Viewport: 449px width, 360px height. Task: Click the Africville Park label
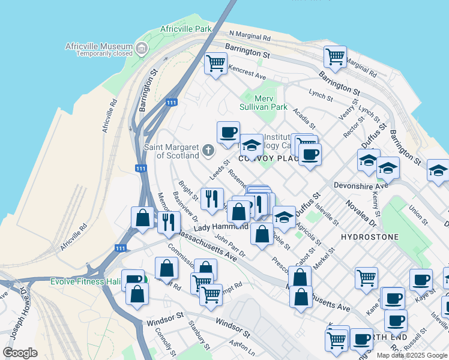(x=186, y=29)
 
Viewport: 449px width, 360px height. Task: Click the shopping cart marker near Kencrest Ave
(x=215, y=63)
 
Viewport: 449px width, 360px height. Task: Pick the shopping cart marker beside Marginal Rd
(x=335, y=57)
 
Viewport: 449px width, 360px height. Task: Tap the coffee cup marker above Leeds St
(x=228, y=133)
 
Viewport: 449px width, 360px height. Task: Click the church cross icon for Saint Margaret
(x=208, y=149)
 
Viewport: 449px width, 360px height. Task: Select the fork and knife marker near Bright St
(x=211, y=199)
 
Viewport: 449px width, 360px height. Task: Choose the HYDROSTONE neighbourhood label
(x=369, y=237)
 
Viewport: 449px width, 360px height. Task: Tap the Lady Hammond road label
(x=220, y=227)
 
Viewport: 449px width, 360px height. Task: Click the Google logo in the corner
(x=20, y=352)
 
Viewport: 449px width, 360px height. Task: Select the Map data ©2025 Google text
(x=411, y=355)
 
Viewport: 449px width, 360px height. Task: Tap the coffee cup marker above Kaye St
(x=420, y=279)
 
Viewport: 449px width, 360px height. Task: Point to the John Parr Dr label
(x=230, y=245)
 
